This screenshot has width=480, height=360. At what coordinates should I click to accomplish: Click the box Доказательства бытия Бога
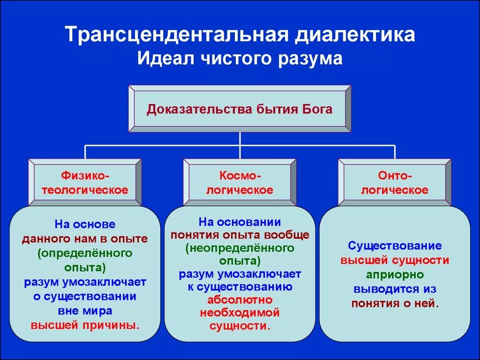click(x=240, y=109)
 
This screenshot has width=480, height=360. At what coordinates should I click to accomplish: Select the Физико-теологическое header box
click(x=85, y=182)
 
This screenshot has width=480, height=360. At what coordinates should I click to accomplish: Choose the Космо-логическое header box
click(x=240, y=182)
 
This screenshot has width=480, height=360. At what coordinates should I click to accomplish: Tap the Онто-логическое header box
click(x=395, y=182)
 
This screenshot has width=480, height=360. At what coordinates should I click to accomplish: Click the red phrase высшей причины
click(x=85, y=324)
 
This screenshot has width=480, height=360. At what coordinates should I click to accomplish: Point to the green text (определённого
click(x=85, y=253)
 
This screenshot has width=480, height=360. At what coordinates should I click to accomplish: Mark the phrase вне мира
click(x=85, y=311)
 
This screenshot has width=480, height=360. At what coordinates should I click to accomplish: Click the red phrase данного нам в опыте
click(x=85, y=239)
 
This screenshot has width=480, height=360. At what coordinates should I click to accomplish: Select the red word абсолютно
click(x=240, y=299)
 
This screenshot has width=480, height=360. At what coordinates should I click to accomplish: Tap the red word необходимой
click(x=240, y=312)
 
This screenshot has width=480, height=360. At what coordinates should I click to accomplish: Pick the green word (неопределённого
click(x=240, y=247)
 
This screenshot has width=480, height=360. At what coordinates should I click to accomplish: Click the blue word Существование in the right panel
click(x=395, y=246)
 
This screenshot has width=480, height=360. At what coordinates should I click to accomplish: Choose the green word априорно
click(x=395, y=274)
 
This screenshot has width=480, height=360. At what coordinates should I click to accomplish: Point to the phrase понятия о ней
click(x=395, y=303)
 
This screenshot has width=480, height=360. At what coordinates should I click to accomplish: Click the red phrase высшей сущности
click(x=395, y=260)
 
